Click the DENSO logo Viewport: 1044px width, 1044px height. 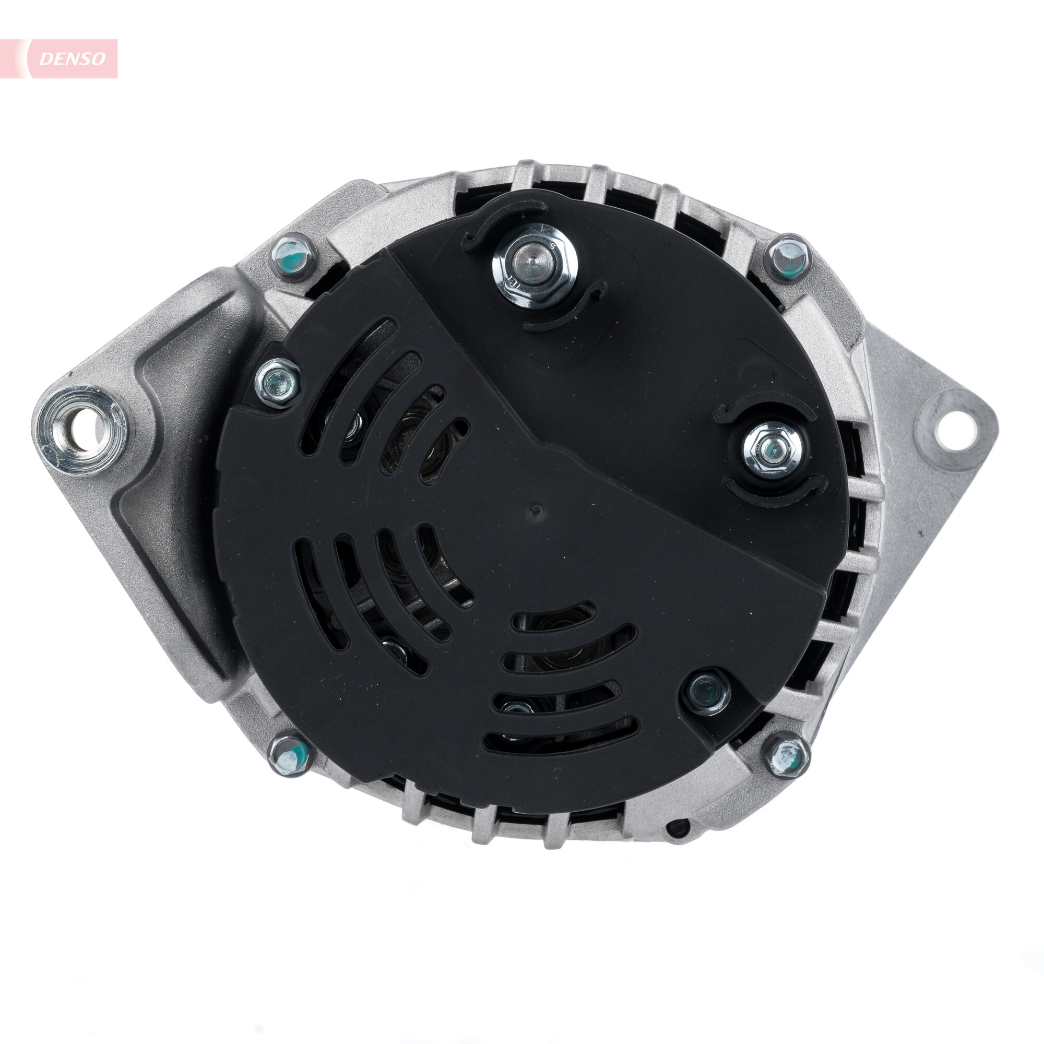tap(72, 59)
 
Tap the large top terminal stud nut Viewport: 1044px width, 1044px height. tap(535, 268)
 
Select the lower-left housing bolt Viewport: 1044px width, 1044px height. tap(291, 754)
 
